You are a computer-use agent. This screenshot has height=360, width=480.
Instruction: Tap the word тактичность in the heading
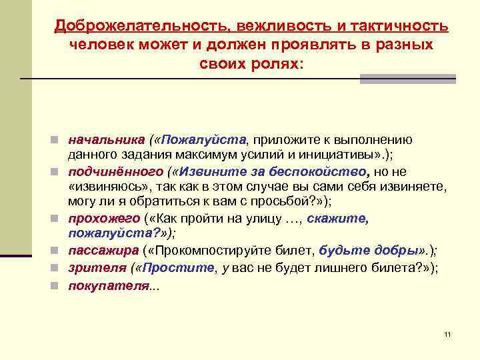[393, 25]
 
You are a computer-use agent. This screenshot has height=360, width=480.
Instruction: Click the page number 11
[447, 334]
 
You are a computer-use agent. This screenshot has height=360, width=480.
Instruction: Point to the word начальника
[106, 140]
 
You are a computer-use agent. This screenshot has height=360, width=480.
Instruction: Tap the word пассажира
[103, 250]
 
